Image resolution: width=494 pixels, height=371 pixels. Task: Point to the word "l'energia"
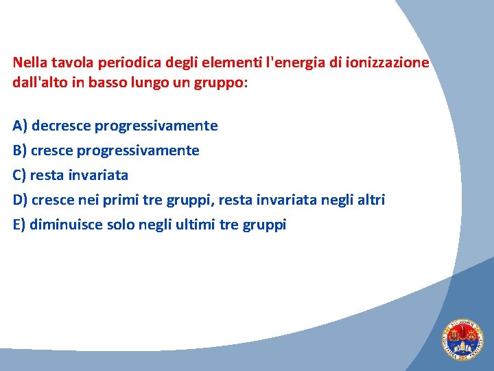(301, 63)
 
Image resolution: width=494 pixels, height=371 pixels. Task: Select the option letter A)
(20, 126)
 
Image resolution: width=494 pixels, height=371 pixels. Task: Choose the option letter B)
(20, 150)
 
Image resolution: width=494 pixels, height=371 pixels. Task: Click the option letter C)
(20, 175)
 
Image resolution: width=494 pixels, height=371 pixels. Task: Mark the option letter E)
(19, 225)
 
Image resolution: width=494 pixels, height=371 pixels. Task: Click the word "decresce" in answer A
(62, 126)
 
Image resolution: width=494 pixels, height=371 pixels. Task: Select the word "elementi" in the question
(241, 63)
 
